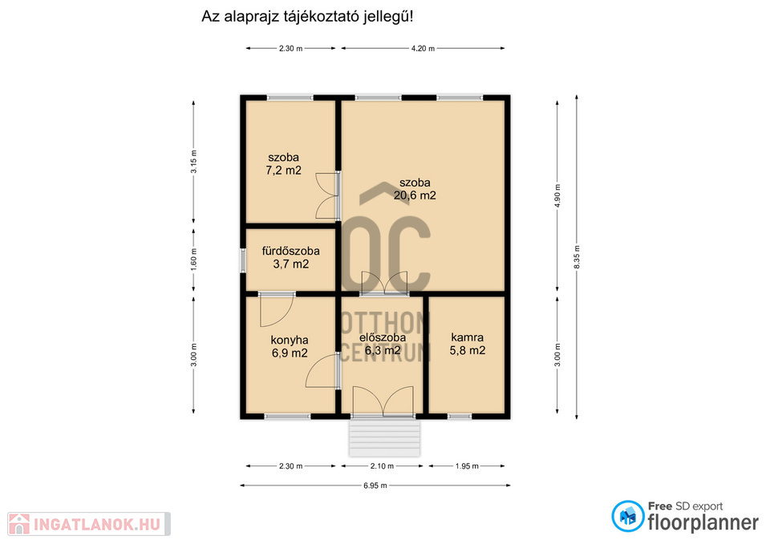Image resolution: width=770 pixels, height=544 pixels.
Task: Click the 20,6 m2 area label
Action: [x=415, y=195]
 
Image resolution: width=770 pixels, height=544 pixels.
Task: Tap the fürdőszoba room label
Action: [x=290, y=251]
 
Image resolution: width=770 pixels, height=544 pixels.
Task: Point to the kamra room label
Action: [x=468, y=337]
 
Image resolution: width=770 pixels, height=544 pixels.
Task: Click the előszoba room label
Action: [x=383, y=337]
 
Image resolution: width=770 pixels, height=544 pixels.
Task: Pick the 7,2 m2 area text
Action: [x=283, y=170]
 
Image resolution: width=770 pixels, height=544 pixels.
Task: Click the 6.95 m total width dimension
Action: [x=375, y=486]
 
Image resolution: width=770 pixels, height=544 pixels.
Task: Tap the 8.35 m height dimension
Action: [x=577, y=256]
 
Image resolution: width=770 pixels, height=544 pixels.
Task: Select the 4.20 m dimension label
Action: [x=423, y=49]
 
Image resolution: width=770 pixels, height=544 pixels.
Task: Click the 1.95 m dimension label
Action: [x=467, y=466]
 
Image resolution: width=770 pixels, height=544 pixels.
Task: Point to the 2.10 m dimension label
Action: [x=382, y=466]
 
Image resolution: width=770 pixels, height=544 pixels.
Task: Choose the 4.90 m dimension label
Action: [x=557, y=195]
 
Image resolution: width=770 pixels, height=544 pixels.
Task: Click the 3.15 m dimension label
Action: [x=193, y=161]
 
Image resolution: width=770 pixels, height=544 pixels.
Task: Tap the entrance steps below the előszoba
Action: [x=384, y=438]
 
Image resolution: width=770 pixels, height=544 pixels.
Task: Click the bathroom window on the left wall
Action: [x=242, y=260]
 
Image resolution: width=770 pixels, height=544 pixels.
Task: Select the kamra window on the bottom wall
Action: [x=460, y=417]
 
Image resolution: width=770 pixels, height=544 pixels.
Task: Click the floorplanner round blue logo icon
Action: [x=627, y=517]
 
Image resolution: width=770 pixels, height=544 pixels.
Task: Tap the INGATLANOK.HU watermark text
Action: [x=97, y=525]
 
